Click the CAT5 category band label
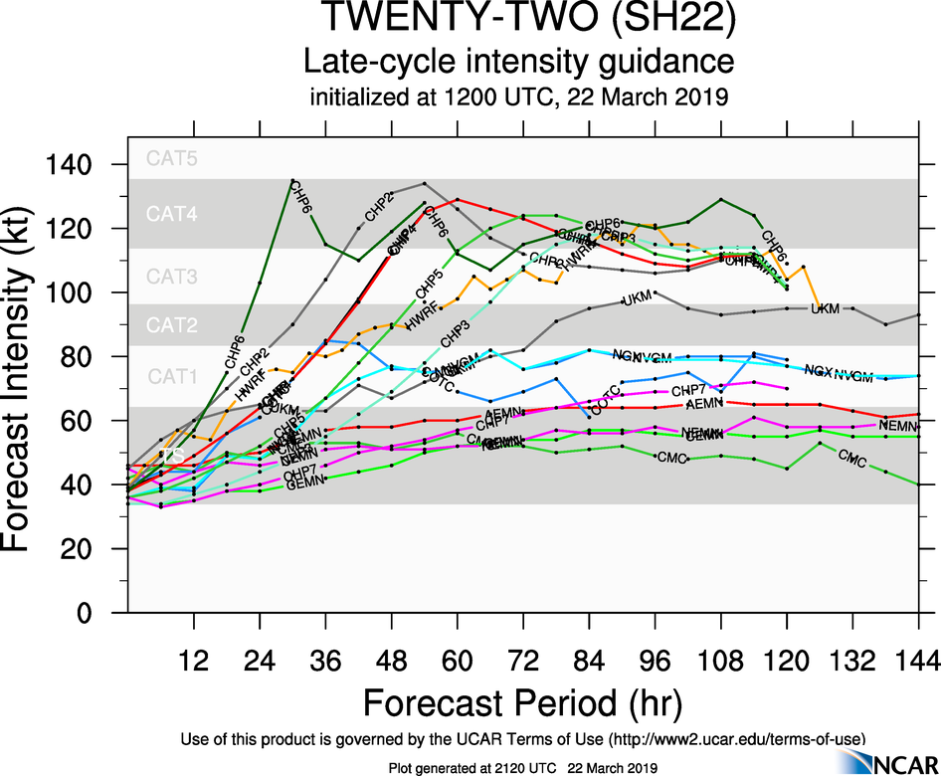172,157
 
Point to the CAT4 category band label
172,213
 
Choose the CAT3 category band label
172,277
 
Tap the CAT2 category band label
172,325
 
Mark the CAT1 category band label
172,376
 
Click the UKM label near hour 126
826,309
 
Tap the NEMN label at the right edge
898,426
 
